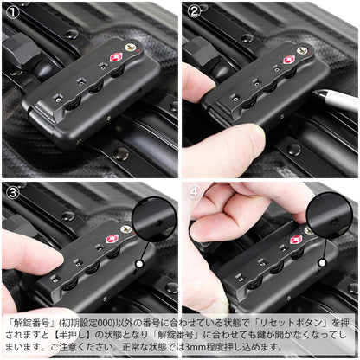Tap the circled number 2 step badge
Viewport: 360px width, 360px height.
point(194,11)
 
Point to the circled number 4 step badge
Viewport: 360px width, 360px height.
point(194,192)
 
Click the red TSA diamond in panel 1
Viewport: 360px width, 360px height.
point(116,58)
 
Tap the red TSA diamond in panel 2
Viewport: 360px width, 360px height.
point(289,61)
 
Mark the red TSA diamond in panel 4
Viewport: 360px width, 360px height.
point(296,240)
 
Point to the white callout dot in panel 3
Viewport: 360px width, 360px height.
point(138,264)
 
